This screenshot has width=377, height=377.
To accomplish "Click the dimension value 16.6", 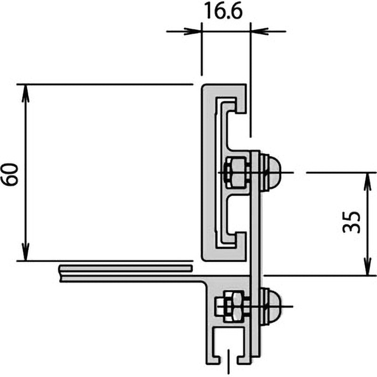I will (223, 12).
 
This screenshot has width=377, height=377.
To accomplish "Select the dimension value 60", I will (12, 173).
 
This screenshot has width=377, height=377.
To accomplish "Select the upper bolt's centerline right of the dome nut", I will (288, 172).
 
